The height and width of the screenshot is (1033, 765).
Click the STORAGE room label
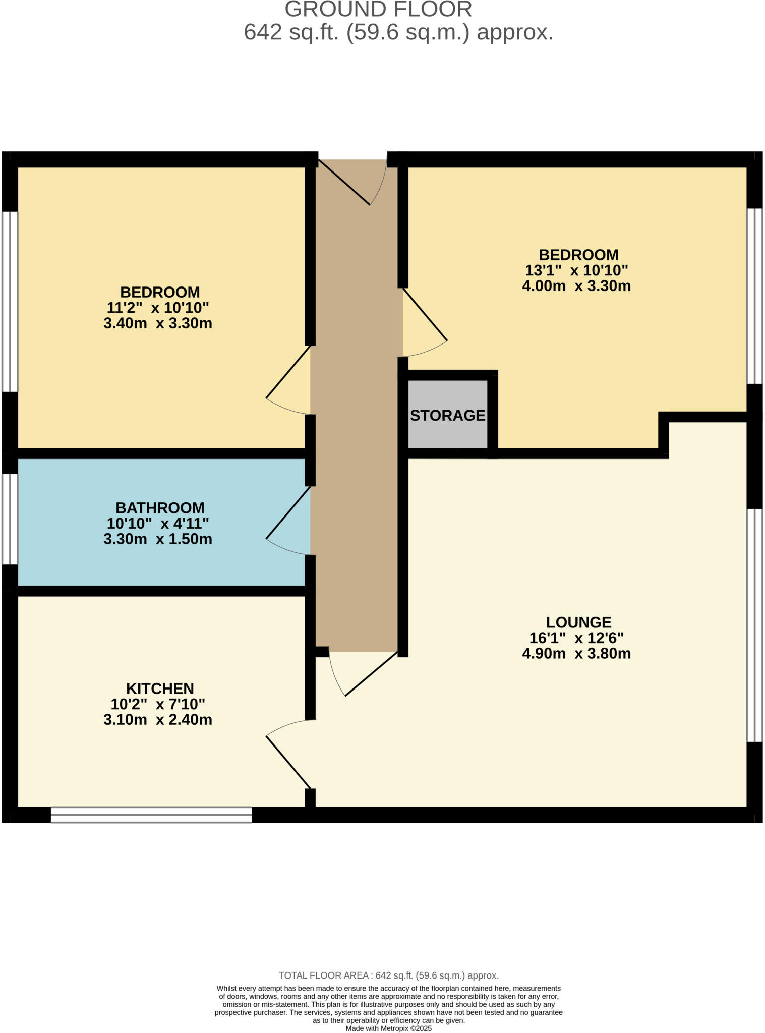[447, 416]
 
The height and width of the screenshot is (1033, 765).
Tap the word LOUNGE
[578, 622]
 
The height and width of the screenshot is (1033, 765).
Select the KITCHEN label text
[160, 688]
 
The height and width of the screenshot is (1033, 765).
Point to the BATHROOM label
[160, 507]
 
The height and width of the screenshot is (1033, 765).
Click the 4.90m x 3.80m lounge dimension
[576, 654]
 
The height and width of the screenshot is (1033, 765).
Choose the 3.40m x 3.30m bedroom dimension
[158, 323]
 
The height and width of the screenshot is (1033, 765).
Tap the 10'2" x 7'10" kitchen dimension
[158, 704]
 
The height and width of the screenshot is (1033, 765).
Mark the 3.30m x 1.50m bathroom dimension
[158, 539]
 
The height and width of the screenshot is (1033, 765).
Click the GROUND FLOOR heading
[378, 9]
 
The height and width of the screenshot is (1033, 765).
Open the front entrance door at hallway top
[353, 182]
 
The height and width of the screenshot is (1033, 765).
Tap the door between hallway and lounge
[363, 673]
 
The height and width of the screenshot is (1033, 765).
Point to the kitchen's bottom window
[151, 815]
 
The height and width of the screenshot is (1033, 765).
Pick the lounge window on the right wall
[754, 625]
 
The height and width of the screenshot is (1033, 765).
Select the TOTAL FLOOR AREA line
[388, 975]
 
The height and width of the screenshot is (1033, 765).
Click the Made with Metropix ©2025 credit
[388, 1028]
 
